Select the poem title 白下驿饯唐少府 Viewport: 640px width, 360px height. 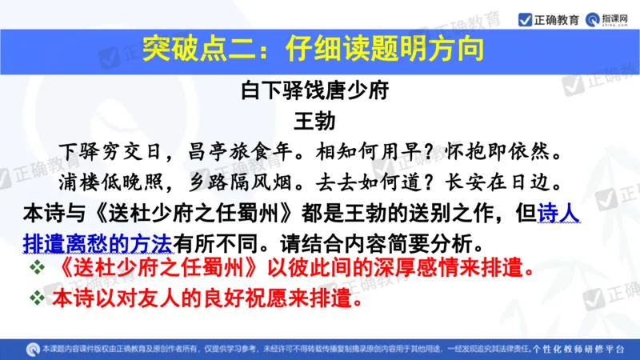click(314, 90)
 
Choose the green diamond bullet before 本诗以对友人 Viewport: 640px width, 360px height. click(35, 299)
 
